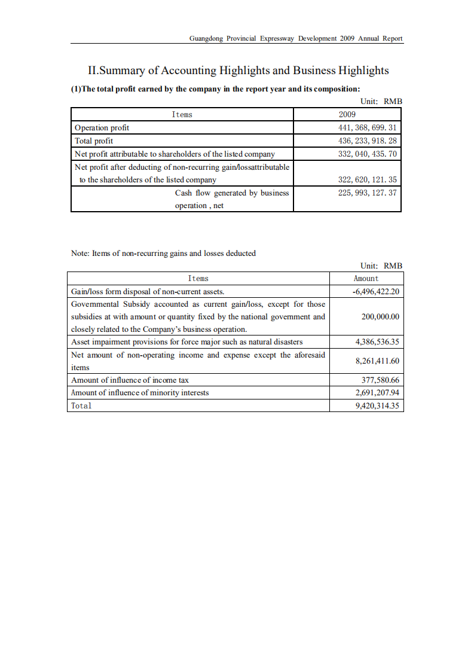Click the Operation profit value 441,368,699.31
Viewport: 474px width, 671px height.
coord(367,127)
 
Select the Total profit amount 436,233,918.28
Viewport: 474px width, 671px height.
coord(367,141)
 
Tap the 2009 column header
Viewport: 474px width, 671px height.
coord(347,114)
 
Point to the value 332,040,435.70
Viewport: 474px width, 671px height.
coord(367,154)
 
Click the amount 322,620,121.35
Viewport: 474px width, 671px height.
coord(367,179)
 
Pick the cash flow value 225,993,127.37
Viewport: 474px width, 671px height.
coord(367,193)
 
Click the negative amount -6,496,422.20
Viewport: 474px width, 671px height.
coord(375,291)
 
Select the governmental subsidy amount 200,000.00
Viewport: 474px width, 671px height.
coord(380,316)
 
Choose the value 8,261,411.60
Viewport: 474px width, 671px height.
coord(377,361)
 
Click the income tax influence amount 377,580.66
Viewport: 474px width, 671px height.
coord(380,380)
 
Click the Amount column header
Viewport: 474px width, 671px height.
coord(366,278)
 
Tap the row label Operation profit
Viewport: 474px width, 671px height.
coord(102,127)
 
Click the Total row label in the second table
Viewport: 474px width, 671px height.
coord(81,405)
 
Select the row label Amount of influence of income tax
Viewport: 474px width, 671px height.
coord(130,380)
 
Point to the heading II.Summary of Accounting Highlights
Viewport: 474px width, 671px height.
coord(238,71)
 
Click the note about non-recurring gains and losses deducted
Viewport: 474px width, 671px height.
coord(163,253)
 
